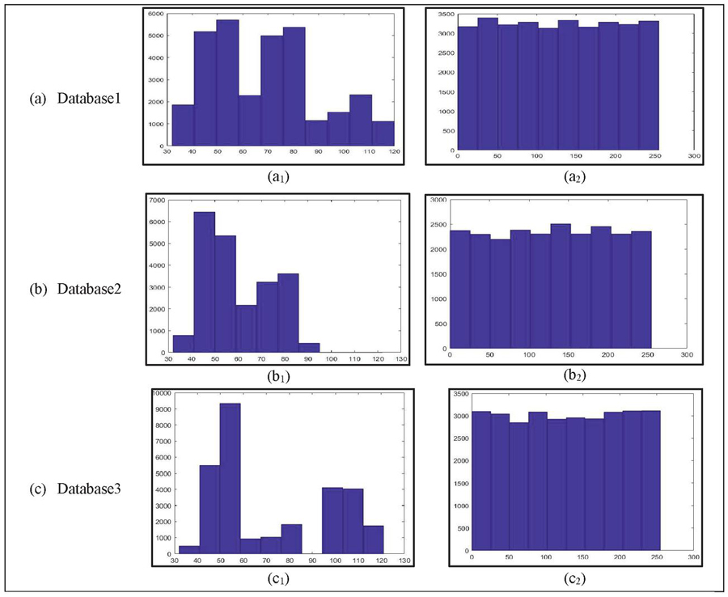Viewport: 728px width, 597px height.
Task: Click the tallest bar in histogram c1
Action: [230, 477]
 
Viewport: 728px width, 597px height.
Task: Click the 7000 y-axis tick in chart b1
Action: [157, 200]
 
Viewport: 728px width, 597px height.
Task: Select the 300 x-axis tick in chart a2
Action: [693, 156]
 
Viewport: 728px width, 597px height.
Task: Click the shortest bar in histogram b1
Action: [309, 349]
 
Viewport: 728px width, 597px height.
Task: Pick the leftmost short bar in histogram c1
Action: [188, 548]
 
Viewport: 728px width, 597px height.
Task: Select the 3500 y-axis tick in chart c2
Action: [459, 392]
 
